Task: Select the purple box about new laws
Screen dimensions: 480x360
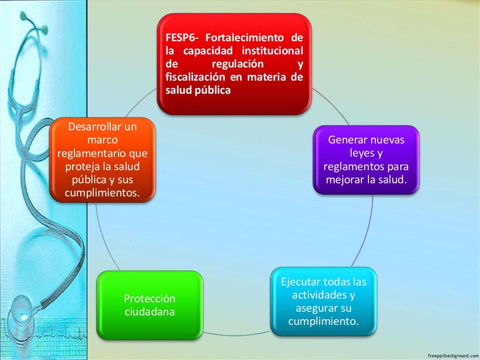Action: [x=366, y=159]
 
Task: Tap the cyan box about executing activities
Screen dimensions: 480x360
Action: [x=323, y=301]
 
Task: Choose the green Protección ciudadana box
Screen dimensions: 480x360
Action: [x=150, y=305]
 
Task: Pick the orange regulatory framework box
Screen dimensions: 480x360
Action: [x=102, y=160]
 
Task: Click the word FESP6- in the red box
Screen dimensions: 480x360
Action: [x=184, y=38]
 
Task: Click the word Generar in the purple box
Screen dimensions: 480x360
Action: [x=347, y=140]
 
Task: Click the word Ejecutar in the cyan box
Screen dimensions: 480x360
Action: [x=300, y=282]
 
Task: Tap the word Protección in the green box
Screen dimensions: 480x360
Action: [x=150, y=299]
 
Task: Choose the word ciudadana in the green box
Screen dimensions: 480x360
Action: [x=150, y=312]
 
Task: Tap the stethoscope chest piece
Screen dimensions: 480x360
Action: [x=21, y=309]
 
